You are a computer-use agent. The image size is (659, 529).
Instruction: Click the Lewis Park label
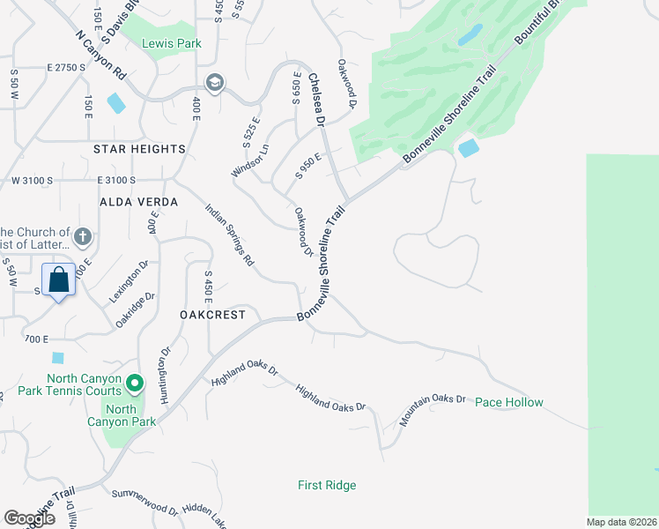point(174,43)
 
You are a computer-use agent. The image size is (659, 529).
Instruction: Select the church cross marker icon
point(82,236)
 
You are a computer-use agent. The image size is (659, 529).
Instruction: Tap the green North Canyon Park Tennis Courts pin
point(134,383)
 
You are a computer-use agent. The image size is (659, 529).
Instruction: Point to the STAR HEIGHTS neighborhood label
point(139,149)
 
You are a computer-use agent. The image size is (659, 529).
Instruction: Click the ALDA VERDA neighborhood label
point(138,202)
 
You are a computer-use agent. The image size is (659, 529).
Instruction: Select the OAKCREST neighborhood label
point(211,315)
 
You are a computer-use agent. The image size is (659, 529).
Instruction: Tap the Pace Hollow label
point(509,402)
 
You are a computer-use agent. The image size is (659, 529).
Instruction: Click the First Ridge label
point(327,485)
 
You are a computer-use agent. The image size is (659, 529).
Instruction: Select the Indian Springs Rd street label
point(229,235)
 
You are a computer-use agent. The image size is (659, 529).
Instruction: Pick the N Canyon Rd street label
point(100,59)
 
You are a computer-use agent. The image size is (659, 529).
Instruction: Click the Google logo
point(29,518)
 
